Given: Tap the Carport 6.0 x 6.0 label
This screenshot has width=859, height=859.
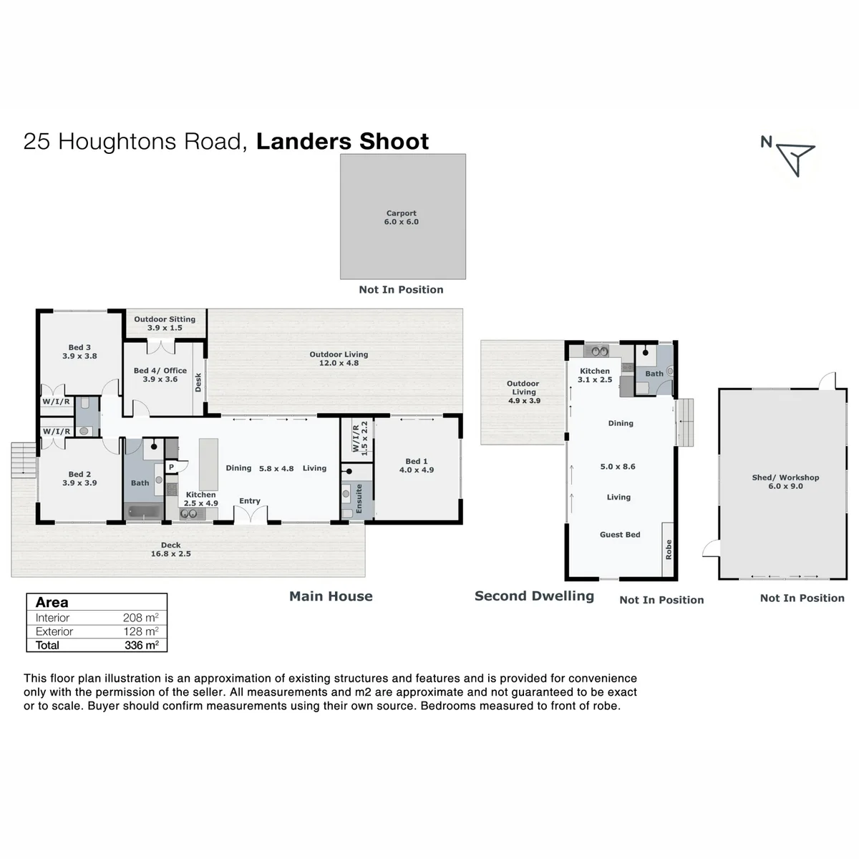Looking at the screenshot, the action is (401, 218).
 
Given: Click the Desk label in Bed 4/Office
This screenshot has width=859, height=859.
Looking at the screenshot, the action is (198, 382).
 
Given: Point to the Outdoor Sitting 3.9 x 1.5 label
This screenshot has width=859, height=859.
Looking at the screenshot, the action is (165, 323).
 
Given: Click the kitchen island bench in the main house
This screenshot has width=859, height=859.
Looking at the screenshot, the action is (208, 464).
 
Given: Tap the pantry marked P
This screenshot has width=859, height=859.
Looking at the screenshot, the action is (172, 467).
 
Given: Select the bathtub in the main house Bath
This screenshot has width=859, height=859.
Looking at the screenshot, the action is (144, 511).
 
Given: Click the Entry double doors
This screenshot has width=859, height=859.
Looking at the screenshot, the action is (251, 515).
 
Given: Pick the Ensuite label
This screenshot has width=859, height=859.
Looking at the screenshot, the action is (359, 498).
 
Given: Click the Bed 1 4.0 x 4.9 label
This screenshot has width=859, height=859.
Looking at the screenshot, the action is (417, 465).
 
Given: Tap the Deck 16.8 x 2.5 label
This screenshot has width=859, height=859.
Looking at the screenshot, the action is (171, 549).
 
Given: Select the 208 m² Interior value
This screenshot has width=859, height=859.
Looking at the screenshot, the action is (140, 617).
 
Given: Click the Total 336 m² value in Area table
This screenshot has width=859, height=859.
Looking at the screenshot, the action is (141, 645).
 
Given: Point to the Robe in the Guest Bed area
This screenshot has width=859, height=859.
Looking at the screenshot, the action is (667, 549).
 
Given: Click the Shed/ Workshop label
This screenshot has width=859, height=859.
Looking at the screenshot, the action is (785, 477).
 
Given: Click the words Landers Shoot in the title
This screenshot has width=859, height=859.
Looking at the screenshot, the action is (342, 141).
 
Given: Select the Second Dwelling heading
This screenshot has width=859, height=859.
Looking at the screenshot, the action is (534, 596).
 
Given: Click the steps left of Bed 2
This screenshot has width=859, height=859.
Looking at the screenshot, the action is (23, 460).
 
